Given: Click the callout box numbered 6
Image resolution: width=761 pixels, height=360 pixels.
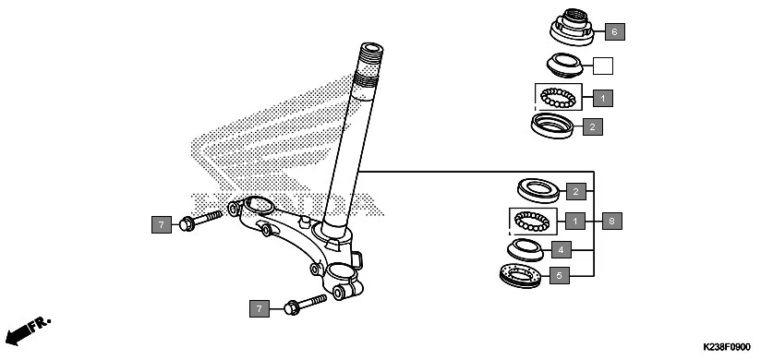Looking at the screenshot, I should (x=615, y=32).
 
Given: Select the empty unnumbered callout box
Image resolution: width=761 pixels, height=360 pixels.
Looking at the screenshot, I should (x=602, y=66).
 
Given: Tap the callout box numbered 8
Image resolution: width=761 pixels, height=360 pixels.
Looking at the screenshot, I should (x=611, y=221).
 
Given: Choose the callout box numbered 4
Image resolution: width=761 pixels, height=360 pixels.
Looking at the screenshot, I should (x=559, y=249).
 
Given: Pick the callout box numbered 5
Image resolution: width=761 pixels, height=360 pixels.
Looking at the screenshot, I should (x=559, y=275).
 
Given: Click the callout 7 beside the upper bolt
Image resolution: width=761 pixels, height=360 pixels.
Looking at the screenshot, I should (x=161, y=224).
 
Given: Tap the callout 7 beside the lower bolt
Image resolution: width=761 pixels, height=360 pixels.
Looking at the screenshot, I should (x=260, y=308).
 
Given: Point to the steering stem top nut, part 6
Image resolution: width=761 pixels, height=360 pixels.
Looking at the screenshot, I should (x=573, y=28).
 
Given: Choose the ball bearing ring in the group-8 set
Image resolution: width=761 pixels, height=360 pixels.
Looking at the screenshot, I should (x=536, y=222).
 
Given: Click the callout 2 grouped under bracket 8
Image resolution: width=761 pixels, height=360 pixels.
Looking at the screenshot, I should (x=575, y=192).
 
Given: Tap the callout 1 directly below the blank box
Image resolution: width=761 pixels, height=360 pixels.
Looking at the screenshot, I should (x=602, y=97).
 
